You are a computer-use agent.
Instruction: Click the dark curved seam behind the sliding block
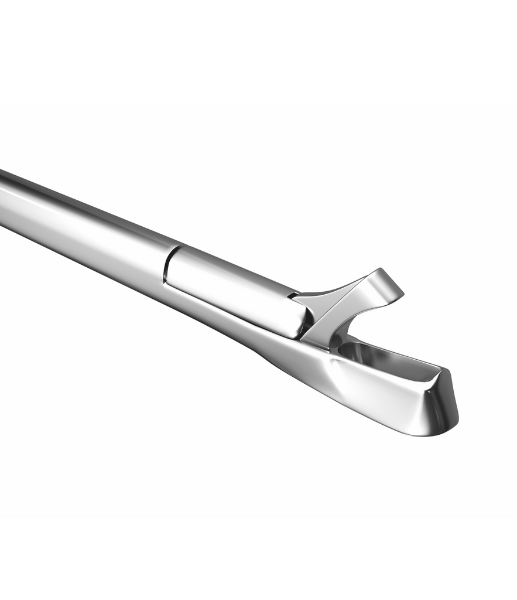167,267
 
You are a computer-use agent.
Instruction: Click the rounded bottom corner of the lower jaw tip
436,432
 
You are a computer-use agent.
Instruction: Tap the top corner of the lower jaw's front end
445,372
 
